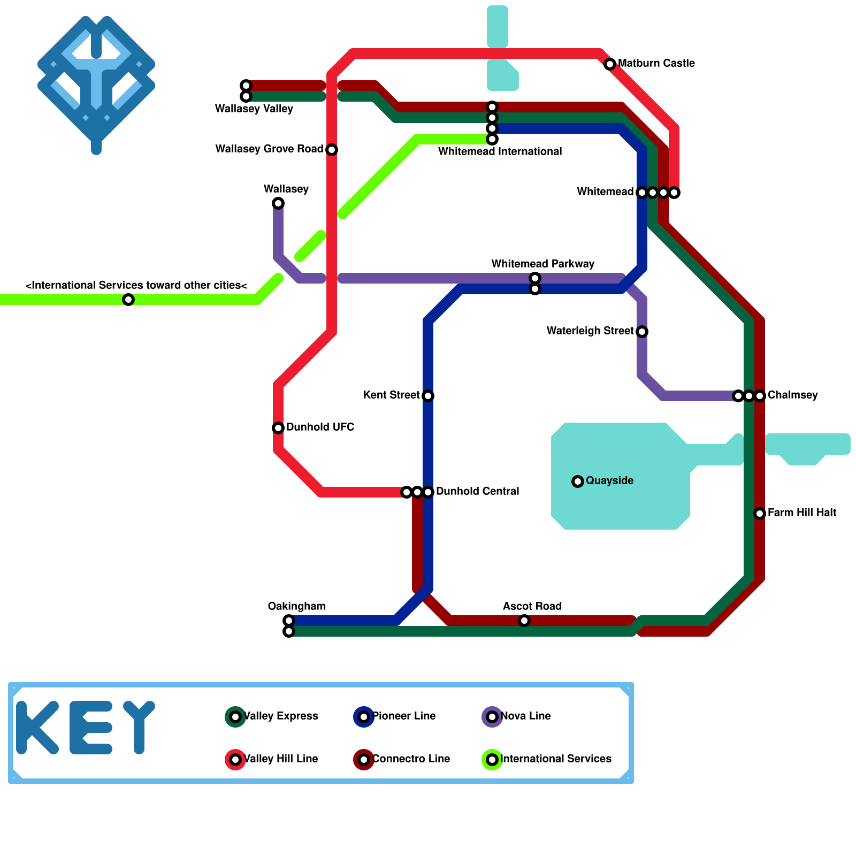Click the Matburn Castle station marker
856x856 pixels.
[x=610, y=64]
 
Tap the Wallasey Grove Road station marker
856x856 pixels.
[x=332, y=150]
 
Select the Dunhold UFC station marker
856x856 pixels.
[x=278, y=428]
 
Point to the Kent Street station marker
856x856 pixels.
[x=428, y=396]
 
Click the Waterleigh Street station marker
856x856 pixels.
[x=642, y=332]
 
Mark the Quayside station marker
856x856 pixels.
[x=578, y=481]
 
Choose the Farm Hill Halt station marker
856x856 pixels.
[x=760, y=514]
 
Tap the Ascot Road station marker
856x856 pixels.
[x=524, y=621]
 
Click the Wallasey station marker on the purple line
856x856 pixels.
[x=278, y=203]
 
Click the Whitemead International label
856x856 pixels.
[x=500, y=152]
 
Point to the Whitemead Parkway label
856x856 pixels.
[x=542, y=264]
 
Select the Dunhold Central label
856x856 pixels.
[x=477, y=491]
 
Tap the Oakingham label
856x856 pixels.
[x=296, y=606]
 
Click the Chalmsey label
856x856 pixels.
[x=792, y=395]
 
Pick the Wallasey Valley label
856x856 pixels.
[x=254, y=109]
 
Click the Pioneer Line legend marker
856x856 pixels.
[x=364, y=717]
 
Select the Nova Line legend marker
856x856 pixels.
[x=492, y=717]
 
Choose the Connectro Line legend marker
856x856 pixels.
[x=364, y=760]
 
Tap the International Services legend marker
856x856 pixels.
[x=492, y=760]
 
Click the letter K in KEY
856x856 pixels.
[x=36, y=728]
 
